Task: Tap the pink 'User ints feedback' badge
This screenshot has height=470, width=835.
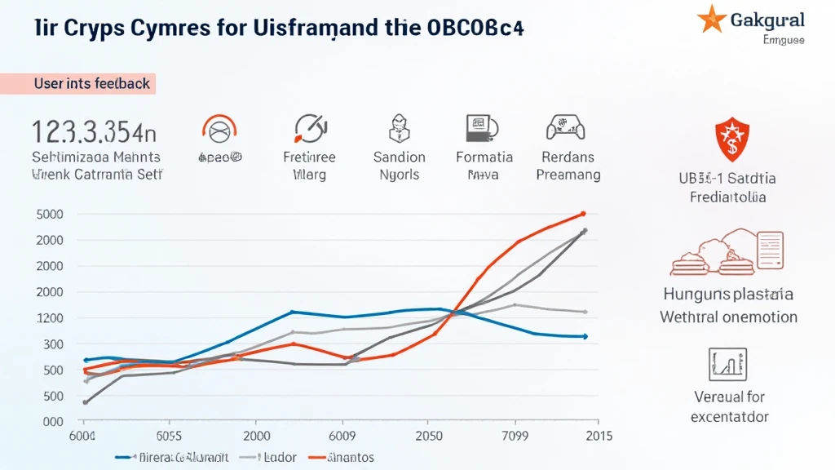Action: [91, 83]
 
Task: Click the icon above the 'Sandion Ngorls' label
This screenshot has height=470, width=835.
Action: [399, 129]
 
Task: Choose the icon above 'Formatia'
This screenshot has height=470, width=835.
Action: [481, 129]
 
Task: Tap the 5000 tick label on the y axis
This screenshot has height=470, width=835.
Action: [48, 214]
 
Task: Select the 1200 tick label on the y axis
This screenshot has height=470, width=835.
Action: [48, 317]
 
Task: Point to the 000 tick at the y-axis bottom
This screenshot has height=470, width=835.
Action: [50, 421]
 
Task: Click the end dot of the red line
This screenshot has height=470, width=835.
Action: [583, 214]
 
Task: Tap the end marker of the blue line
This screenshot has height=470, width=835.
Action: [585, 336]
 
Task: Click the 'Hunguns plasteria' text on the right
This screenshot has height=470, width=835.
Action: [728, 295]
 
